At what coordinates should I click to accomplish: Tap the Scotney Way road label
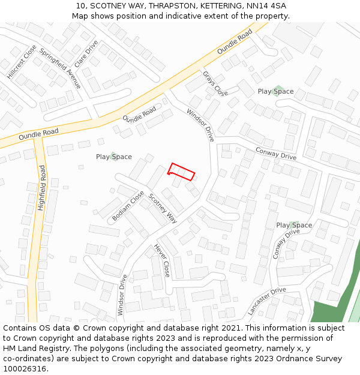pyautogui.click(x=163, y=208)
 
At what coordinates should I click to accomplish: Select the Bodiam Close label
pyautogui.click(x=128, y=206)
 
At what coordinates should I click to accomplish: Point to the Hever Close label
pyautogui.click(x=162, y=260)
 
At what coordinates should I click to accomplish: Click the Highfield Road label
pyautogui.click(x=41, y=187)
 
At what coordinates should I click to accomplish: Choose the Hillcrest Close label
pyautogui.click(x=22, y=62)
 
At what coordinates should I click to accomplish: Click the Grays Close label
pyautogui.click(x=215, y=83)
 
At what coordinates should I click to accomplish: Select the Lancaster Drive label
pyautogui.click(x=267, y=301)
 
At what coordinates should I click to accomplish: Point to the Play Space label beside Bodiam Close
pyautogui.click(x=114, y=157)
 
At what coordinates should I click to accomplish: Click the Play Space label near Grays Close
pyautogui.click(x=275, y=91)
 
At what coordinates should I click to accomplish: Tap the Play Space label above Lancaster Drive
pyautogui.click(x=294, y=225)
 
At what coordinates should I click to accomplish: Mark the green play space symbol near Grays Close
pyautogui.click(x=277, y=91)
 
